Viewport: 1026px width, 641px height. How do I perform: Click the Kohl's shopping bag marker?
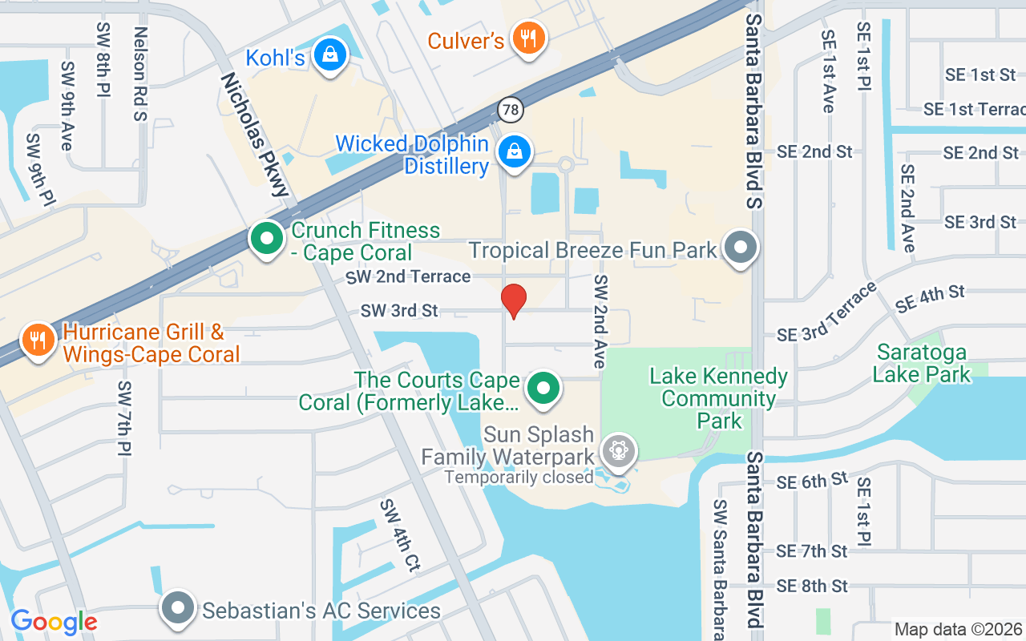coord(329,55)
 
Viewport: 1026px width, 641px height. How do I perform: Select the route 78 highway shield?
coord(509,108)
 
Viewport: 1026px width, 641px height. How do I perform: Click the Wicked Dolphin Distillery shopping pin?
coord(514,151)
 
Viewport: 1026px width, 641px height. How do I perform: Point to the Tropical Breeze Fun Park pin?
coord(741,247)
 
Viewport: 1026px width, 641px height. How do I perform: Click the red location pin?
coord(513,300)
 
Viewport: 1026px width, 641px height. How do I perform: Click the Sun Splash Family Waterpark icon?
coord(618,451)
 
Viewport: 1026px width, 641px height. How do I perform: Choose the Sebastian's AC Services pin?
coord(178,609)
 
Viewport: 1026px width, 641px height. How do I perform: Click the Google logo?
coord(54,622)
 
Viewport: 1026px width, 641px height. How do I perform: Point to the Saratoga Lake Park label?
coord(922,363)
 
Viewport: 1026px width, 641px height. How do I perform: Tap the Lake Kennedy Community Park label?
coord(719,398)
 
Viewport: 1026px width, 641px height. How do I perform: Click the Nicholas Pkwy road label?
coord(254,134)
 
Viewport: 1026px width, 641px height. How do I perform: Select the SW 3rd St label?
coord(399,310)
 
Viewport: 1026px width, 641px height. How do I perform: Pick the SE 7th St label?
coord(812,551)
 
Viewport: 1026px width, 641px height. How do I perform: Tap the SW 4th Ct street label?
coord(400,535)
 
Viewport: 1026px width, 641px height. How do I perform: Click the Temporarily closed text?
coord(519,478)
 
